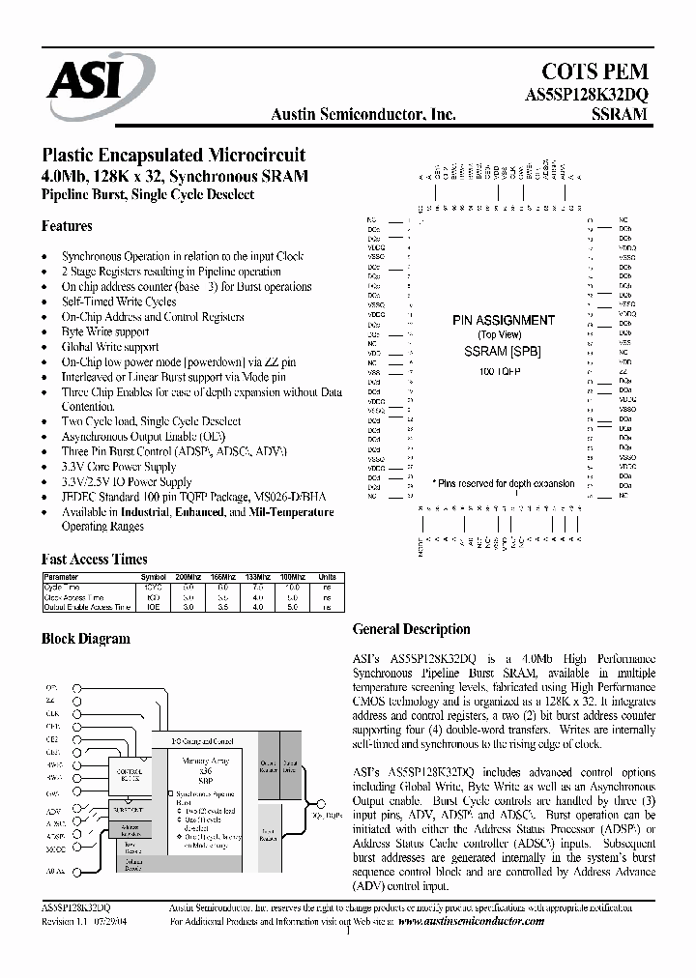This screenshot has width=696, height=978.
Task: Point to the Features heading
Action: point(67,226)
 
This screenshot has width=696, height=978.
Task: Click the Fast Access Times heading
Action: point(94,559)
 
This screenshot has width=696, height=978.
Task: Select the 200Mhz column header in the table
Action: point(188,577)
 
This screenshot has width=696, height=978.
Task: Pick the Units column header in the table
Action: point(327,577)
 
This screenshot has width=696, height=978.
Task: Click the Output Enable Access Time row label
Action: point(86,607)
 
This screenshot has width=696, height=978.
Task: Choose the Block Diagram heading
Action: point(85,639)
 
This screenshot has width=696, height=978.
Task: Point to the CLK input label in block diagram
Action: point(52,713)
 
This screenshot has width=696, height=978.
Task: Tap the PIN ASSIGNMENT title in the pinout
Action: point(503,320)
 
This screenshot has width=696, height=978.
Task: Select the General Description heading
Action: point(411,629)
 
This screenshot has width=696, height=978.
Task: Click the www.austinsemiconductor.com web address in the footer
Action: point(471,922)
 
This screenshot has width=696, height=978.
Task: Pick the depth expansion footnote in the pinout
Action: point(503,483)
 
